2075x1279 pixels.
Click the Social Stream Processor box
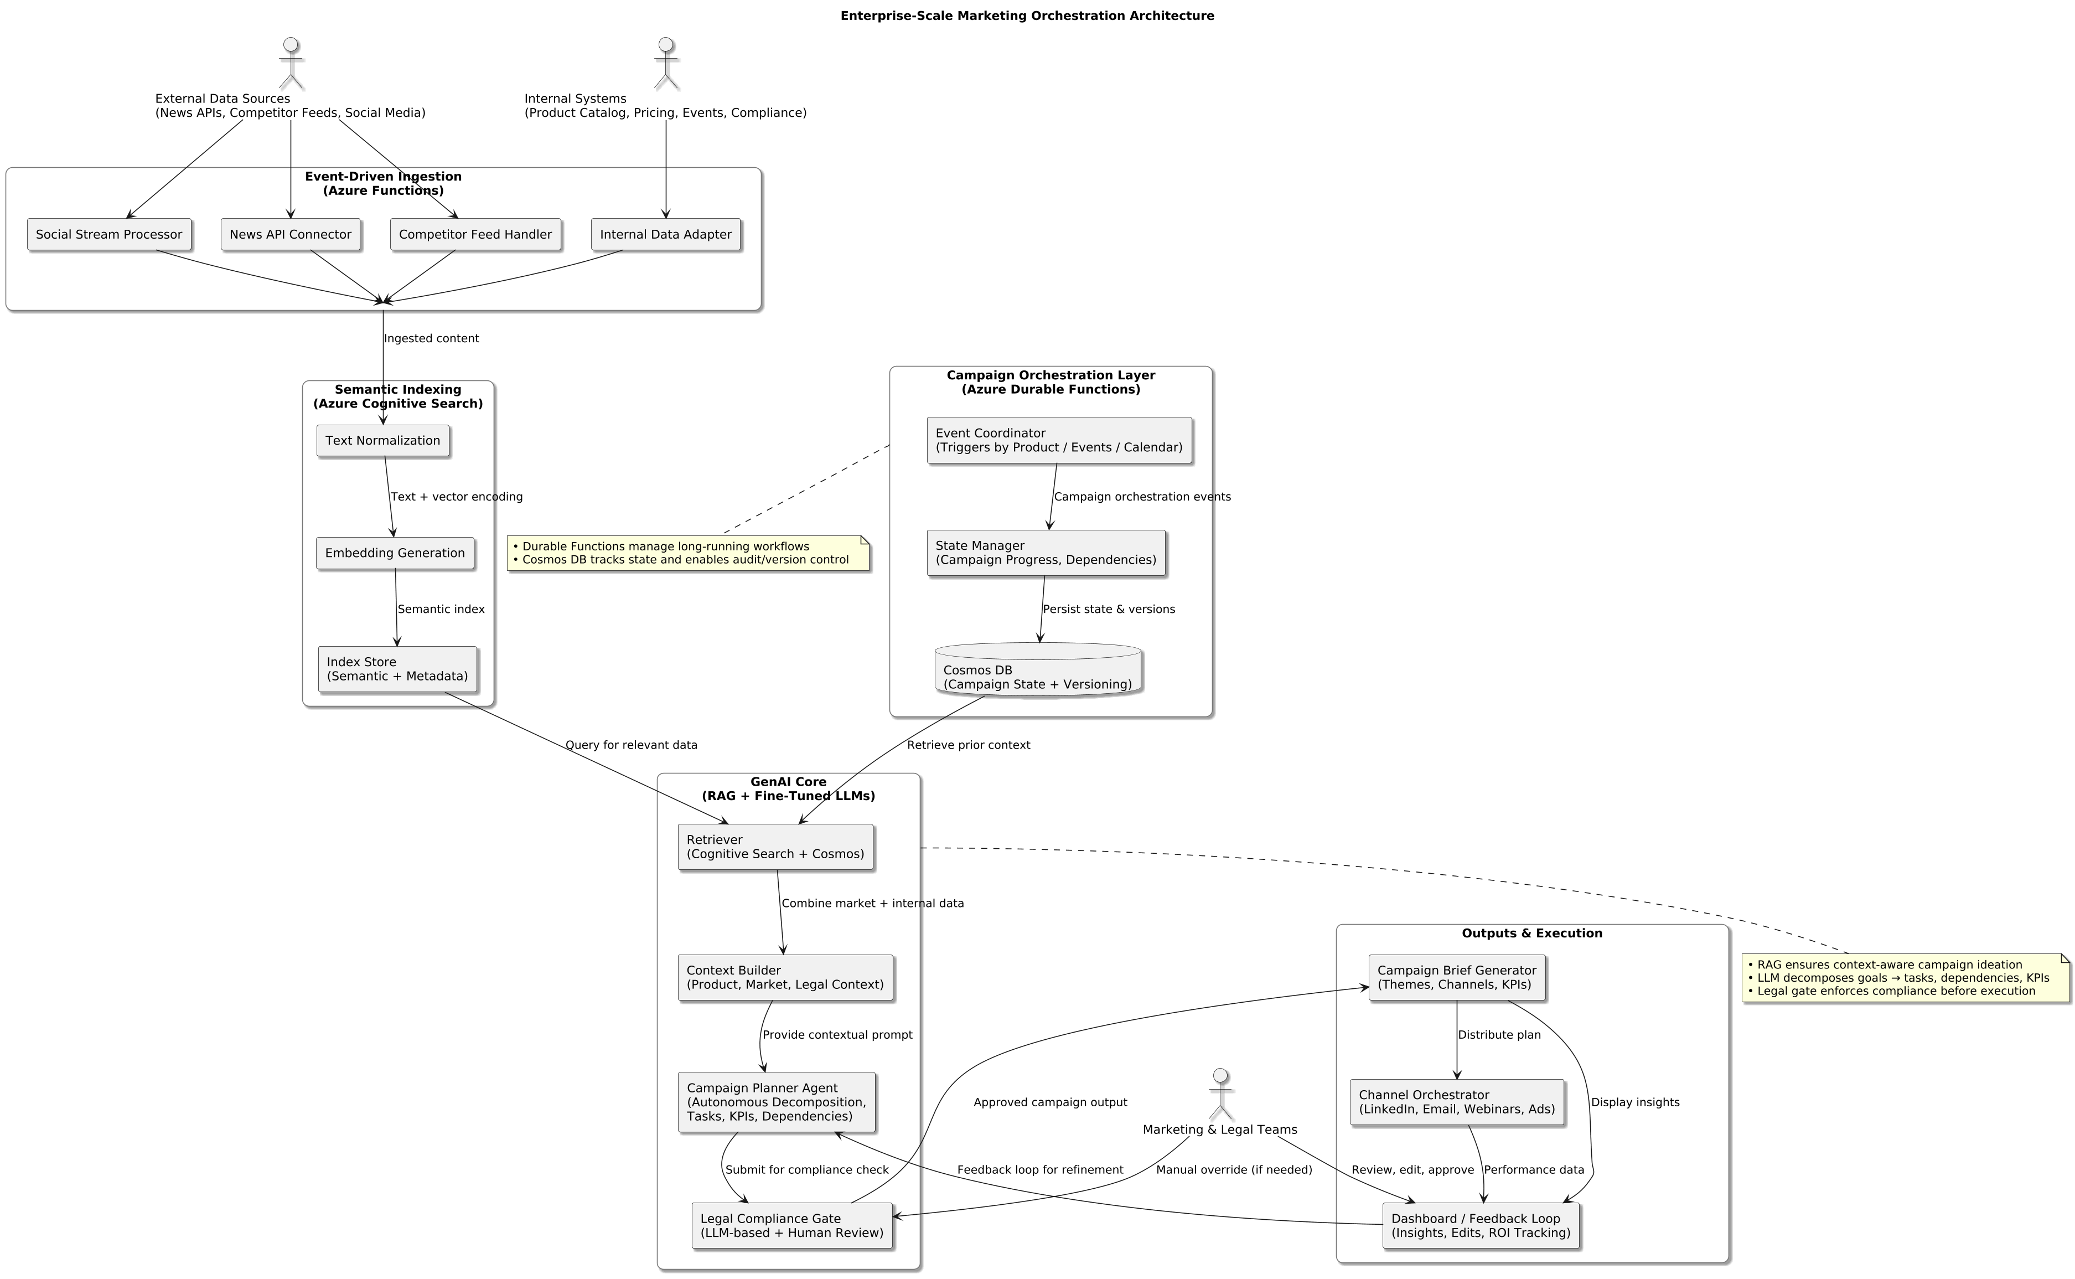point(108,234)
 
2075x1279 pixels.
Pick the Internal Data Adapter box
point(665,234)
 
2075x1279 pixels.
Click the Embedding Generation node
point(395,553)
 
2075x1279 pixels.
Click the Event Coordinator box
point(1059,440)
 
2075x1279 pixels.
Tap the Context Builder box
point(785,978)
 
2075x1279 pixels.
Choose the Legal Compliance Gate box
point(791,1226)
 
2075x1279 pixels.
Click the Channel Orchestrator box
point(1456,1102)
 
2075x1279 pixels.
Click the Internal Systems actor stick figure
point(666,64)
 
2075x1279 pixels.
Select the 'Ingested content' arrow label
point(431,338)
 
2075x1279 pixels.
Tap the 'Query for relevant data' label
point(631,745)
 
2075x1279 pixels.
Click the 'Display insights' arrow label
point(1634,1102)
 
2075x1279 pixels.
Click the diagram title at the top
point(1027,16)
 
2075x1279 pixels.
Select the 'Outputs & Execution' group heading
point(1531,933)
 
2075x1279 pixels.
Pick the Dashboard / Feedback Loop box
point(1481,1226)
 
